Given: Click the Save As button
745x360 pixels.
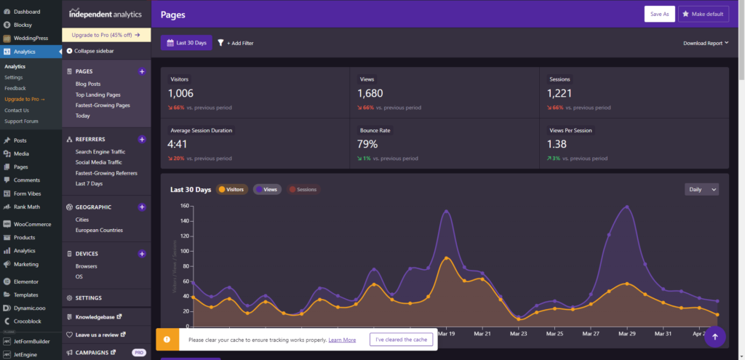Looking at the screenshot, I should coord(659,14).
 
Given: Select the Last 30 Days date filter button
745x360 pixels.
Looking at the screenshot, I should coord(186,43).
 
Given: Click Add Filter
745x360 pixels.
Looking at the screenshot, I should coord(236,43).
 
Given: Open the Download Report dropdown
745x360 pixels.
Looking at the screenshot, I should coord(706,43).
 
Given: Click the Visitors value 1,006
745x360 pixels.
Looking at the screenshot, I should coord(182,93).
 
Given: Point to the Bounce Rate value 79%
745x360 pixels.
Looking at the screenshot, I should coord(367,144).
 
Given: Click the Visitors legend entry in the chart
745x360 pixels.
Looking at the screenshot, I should coord(231,189).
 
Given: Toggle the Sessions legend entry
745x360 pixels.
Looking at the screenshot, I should coord(302,189).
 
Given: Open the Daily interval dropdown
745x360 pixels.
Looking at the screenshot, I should coord(701,189).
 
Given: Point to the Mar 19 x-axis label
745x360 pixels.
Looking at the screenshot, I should coord(447,334).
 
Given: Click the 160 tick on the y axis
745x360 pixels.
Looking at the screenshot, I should coord(184,206).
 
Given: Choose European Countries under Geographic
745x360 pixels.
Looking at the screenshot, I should coord(99,230).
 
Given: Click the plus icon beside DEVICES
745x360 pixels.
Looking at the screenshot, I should coord(142,254).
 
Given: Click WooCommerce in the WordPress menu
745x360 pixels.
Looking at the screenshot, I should coord(32,224).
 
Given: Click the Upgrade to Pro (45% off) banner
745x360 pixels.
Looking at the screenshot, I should coord(106,34).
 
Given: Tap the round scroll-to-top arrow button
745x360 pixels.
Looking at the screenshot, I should coord(714,336).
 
